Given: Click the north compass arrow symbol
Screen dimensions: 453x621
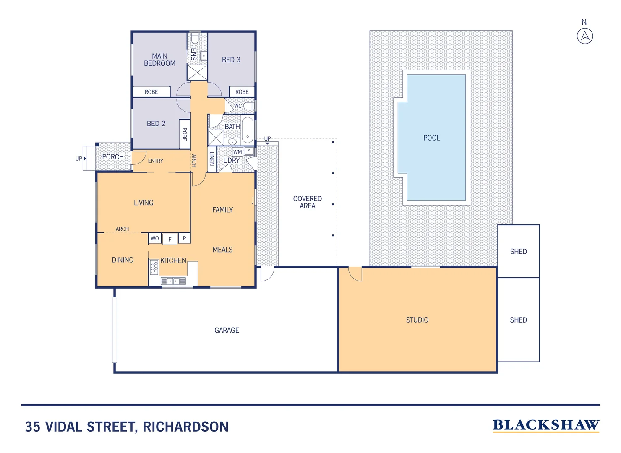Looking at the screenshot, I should click(585, 36).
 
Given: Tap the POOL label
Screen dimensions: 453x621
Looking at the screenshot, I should click(431, 138).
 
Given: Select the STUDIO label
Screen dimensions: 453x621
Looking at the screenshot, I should click(417, 320).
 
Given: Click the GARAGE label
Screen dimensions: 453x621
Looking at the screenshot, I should click(227, 331).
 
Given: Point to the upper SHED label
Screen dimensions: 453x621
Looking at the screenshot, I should click(518, 252).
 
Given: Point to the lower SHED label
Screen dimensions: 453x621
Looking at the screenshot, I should click(518, 320).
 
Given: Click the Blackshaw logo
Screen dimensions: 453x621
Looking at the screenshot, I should click(545, 425).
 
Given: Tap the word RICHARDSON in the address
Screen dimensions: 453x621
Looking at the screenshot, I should click(185, 427).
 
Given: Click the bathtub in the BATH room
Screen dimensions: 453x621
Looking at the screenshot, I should click(248, 130).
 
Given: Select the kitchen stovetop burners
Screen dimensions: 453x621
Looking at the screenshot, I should click(154, 267).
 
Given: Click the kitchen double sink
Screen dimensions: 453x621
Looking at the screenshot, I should click(173, 281).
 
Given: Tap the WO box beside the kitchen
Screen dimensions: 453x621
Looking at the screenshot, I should click(155, 239).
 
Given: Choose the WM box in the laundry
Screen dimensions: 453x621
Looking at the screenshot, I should click(237, 152).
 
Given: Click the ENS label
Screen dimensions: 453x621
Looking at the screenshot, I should click(193, 54).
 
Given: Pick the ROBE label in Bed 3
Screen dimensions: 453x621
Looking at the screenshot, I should click(242, 92).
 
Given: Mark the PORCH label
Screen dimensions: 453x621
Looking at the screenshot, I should click(113, 157).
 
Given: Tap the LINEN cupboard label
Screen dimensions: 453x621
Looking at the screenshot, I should click(212, 159).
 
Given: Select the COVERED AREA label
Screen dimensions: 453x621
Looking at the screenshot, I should click(307, 202).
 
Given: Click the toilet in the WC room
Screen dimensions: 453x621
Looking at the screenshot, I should click(249, 106).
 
